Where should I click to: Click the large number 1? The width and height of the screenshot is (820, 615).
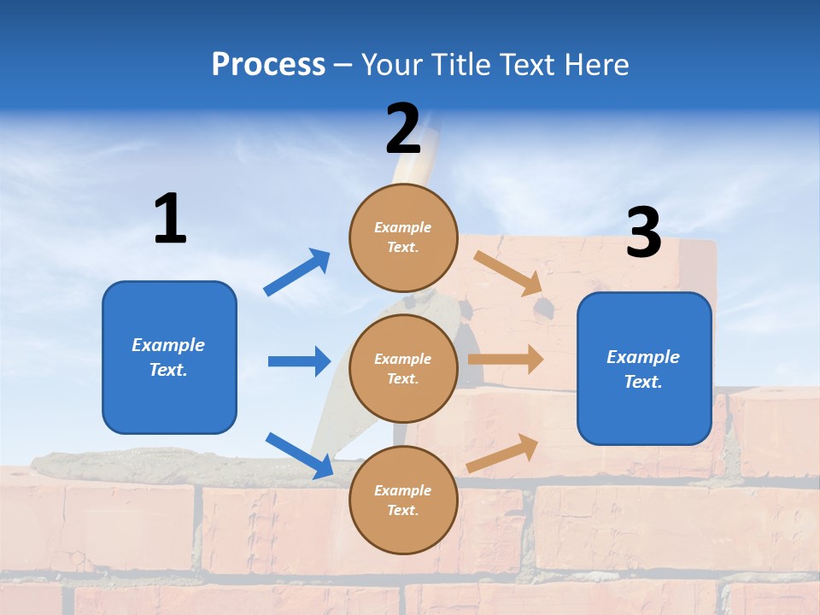coord(170,219)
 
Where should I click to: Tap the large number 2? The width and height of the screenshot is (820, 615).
coord(403,129)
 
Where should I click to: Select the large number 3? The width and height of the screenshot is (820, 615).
coord(643,233)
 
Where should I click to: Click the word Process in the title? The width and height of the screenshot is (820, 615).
coord(268,64)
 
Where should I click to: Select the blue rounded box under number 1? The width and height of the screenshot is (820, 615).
coord(169,357)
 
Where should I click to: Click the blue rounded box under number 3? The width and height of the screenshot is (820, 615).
coord(644,369)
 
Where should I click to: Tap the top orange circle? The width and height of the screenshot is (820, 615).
coord(403,237)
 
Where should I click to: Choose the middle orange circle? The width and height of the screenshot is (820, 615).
coord(403,368)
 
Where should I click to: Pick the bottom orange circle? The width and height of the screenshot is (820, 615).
coord(403,500)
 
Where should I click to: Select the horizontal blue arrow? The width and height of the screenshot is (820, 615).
coord(299,361)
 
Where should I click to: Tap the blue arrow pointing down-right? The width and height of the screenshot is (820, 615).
coord(299,454)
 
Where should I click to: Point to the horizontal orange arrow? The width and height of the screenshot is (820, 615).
coord(506,359)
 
